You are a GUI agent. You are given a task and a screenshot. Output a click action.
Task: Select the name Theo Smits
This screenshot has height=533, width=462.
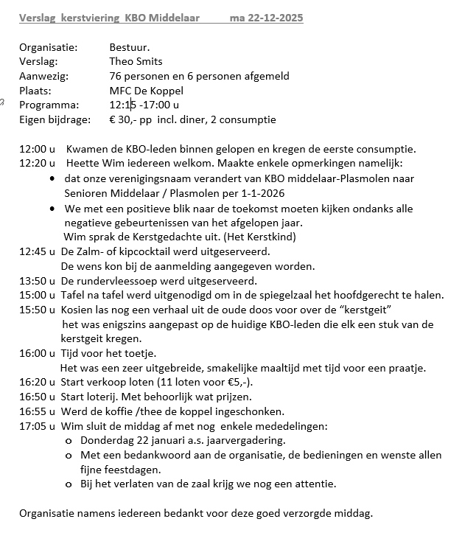click(136, 61)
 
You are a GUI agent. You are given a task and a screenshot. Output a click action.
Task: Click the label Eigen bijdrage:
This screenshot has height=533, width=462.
click(55, 119)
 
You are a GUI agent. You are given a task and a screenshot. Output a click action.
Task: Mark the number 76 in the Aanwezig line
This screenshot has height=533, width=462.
click(116, 76)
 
